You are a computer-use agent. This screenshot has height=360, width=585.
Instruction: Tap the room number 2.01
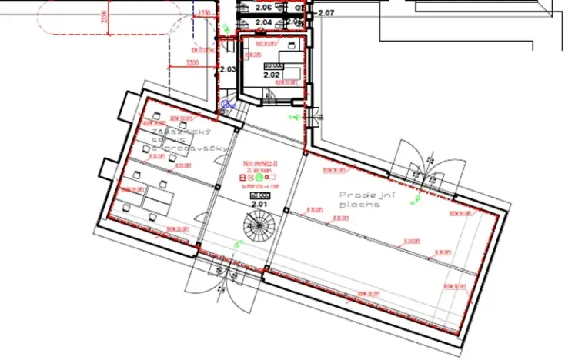click(x=257, y=205)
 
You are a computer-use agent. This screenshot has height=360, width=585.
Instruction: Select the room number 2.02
click(x=270, y=75)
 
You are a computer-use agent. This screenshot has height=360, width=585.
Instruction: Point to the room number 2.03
click(x=227, y=70)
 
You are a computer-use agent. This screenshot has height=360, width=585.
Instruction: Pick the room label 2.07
click(x=326, y=13)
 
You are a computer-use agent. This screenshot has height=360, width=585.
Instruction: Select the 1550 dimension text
click(x=204, y=13)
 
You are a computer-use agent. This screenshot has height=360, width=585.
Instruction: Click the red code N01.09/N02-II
click(x=259, y=165)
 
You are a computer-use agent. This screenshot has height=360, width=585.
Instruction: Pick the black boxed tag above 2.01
click(x=256, y=196)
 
